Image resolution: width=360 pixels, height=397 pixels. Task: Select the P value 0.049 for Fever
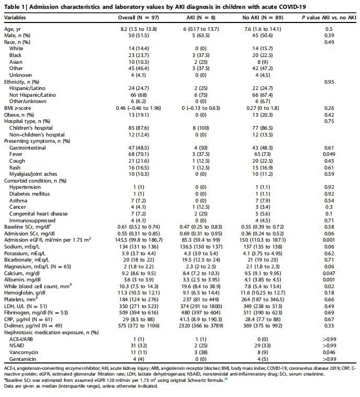(329, 155)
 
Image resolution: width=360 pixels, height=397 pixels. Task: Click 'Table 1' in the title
(14, 5)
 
